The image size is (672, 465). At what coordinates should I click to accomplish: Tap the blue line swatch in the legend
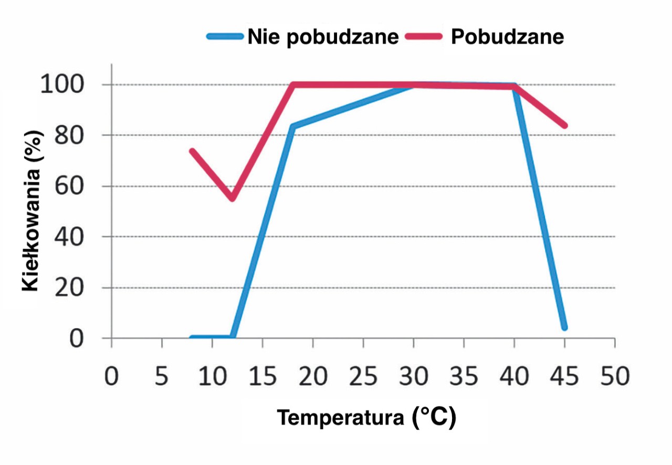(225, 37)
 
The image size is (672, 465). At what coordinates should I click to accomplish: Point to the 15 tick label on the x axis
(262, 378)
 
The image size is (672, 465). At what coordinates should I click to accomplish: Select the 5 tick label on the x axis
(162, 378)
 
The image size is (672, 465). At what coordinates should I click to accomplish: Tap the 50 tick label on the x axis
(615, 378)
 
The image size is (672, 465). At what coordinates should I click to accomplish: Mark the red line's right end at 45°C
(564, 126)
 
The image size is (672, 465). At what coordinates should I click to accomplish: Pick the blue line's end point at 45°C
(564, 327)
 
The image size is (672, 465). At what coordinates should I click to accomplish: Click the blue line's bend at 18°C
(292, 127)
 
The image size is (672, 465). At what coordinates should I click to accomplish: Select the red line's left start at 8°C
(192, 151)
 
